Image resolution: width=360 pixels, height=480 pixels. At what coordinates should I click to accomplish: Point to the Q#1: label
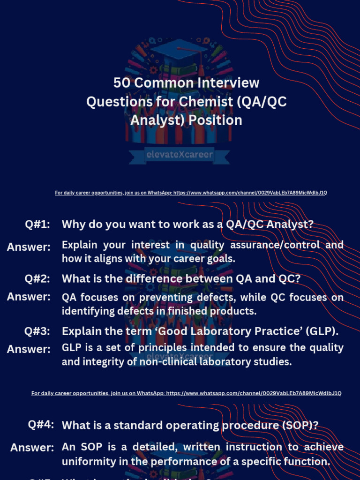tap(37, 225)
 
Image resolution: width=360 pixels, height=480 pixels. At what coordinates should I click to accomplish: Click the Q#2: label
tap(37, 279)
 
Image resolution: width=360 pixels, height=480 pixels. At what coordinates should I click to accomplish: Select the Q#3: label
tap(37, 331)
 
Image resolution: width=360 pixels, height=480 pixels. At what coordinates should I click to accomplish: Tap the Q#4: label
tap(41, 425)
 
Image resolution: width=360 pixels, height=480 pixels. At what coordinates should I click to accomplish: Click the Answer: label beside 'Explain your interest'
tap(29, 247)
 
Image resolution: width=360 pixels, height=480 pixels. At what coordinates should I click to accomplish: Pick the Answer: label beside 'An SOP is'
tap(32, 448)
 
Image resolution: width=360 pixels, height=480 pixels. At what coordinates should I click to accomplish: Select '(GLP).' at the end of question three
tap(323, 331)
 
